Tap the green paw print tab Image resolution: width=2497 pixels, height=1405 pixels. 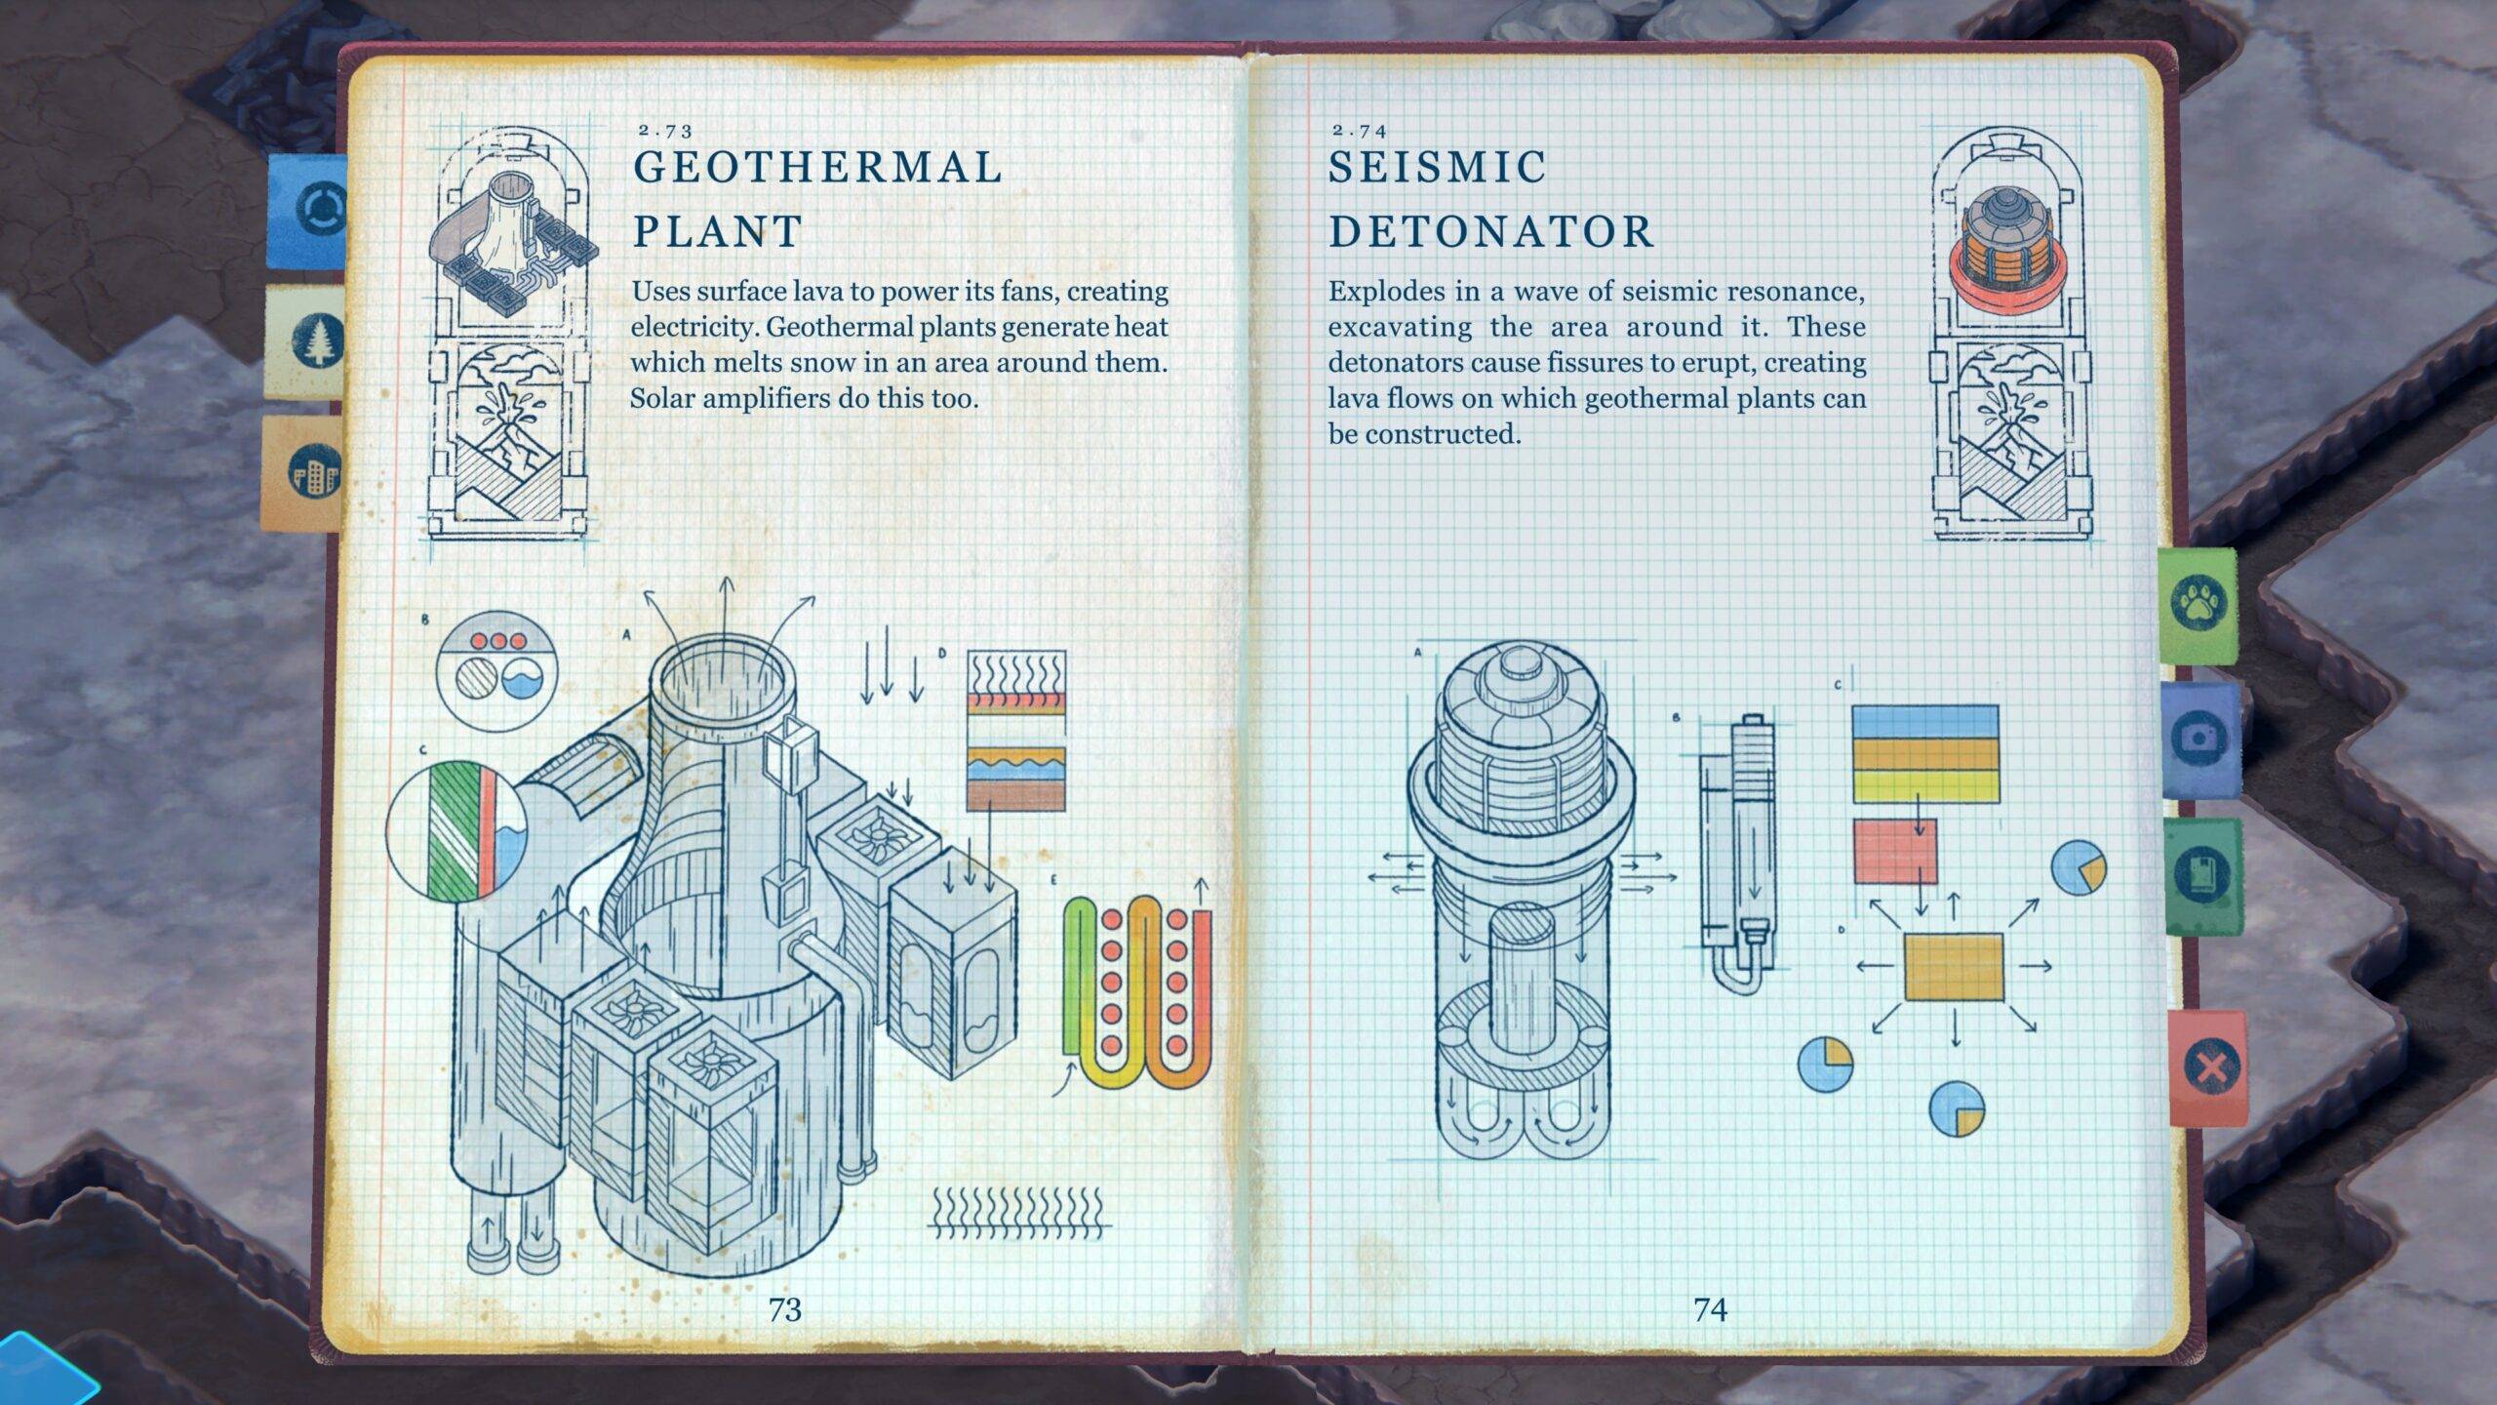[2198, 605]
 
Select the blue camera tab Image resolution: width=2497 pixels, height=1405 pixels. [2201, 739]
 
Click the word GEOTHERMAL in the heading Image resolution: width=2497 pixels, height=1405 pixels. [817, 168]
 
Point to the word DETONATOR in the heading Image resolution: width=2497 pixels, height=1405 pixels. [1491, 232]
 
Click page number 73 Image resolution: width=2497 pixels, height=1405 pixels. [784, 1309]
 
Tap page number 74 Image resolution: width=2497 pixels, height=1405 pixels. [1711, 1309]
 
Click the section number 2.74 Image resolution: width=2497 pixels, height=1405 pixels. [1359, 130]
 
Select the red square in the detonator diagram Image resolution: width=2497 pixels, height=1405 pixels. [1894, 851]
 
